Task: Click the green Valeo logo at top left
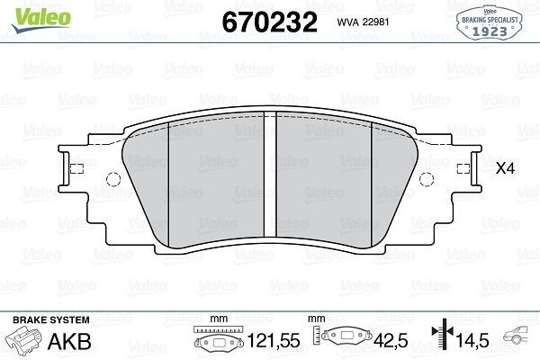41,20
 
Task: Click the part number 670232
270,22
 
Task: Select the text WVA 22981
363,22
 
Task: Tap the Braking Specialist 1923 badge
489,22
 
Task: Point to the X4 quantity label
505,168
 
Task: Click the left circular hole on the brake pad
113,179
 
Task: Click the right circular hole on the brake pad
427,179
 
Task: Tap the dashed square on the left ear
76,169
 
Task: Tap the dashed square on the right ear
463,169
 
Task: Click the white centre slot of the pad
270,174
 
